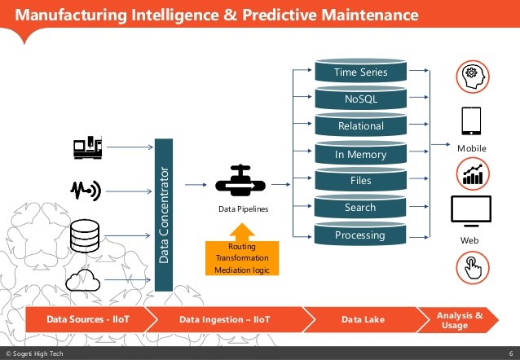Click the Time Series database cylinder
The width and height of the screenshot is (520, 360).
360,72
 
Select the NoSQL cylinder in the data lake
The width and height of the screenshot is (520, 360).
360,99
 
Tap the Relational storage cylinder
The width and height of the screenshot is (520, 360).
360,126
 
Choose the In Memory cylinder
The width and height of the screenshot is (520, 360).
360,154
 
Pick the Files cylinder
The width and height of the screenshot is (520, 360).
360,181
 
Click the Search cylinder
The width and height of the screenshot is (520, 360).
360,208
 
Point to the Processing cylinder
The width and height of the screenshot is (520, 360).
360,235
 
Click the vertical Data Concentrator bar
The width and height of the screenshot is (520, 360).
164,215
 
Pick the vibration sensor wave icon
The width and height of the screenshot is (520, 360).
86,191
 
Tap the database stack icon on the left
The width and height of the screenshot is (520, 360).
86,235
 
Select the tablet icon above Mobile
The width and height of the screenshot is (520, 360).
470,121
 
